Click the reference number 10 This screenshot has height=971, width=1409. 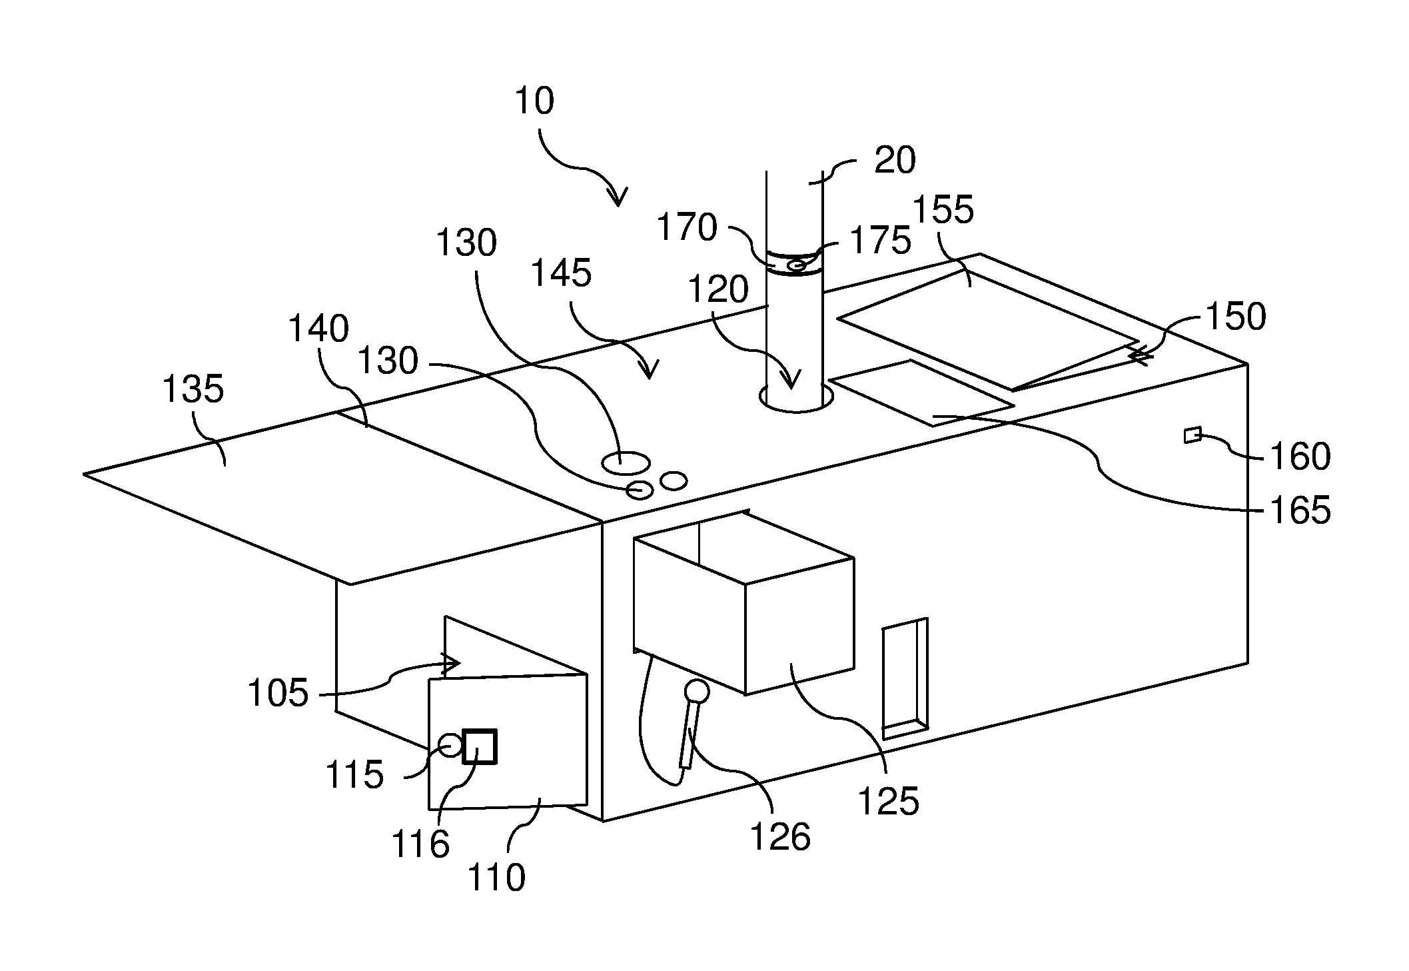pos(535,102)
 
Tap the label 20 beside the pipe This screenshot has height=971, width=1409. pos(895,161)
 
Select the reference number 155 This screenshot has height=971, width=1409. pos(943,210)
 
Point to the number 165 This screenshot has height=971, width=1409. pos(1300,511)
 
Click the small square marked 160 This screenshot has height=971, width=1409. pos(1192,436)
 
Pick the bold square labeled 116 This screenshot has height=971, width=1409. pos(480,746)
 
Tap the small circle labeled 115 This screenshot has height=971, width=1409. pos(450,744)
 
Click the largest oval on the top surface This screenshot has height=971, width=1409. pos(626,463)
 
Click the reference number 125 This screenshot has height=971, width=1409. pos(888,800)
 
